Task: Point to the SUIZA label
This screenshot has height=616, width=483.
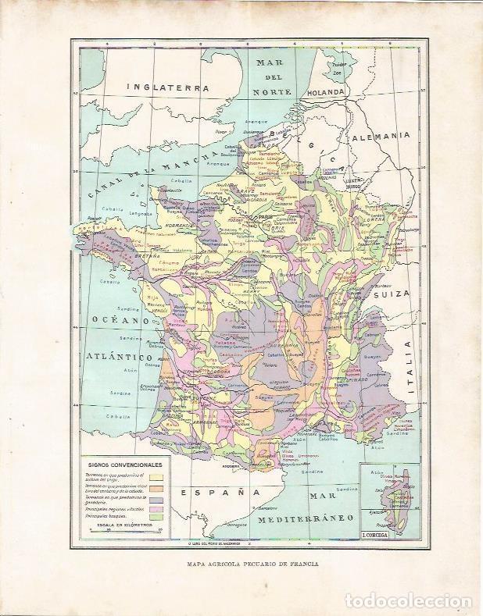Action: [x=388, y=296]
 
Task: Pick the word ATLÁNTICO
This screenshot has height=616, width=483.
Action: [x=116, y=355]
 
